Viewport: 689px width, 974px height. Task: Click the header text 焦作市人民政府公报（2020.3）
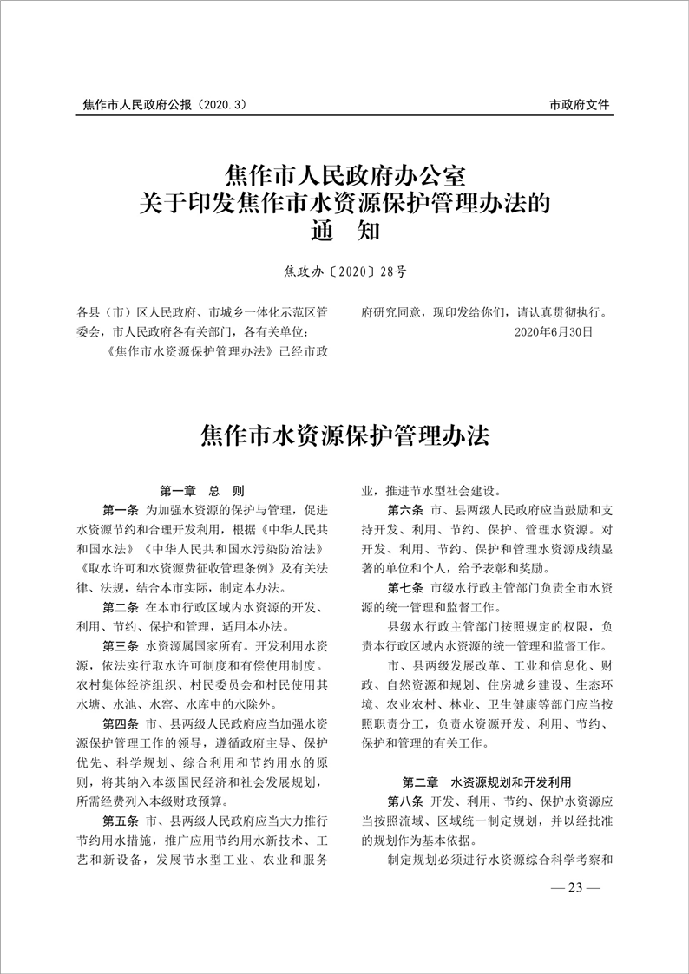point(165,105)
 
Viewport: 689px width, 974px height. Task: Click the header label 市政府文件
point(580,105)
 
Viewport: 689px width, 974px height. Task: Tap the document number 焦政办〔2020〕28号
point(344,271)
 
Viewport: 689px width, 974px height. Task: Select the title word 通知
point(344,232)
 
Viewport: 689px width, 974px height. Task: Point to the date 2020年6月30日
point(554,331)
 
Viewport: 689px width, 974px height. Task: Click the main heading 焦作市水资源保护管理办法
point(344,435)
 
